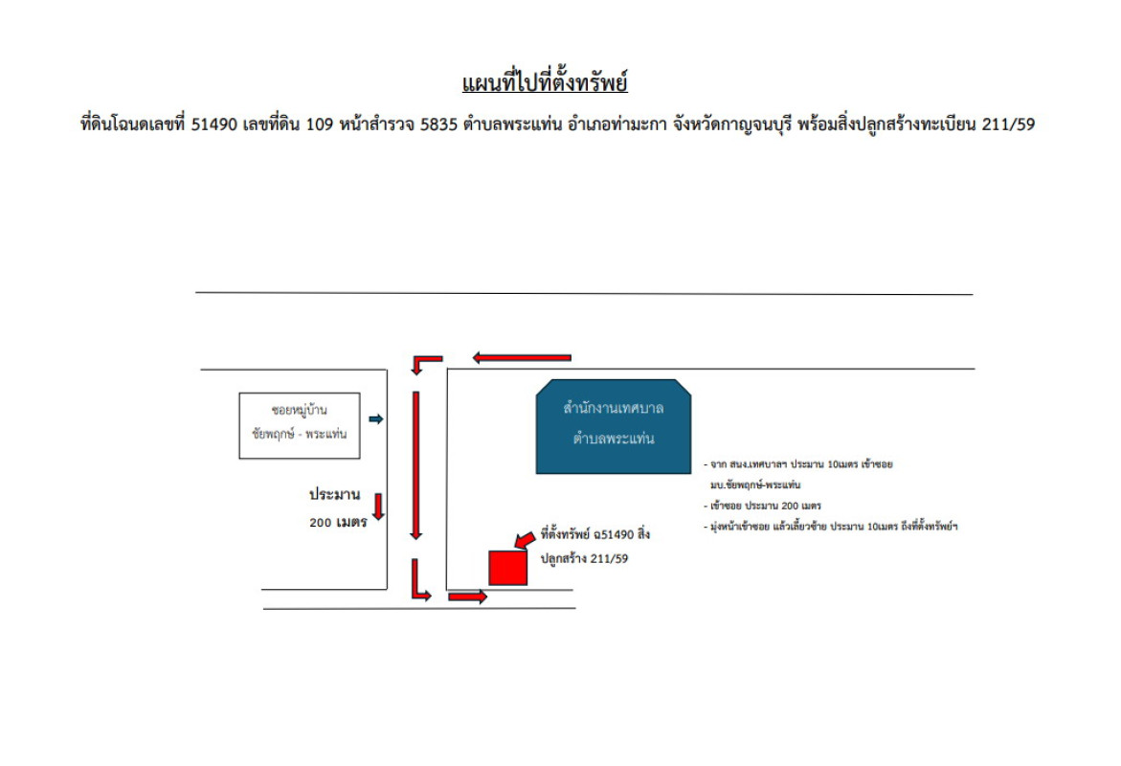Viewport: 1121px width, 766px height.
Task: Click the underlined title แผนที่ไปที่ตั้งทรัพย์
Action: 545,82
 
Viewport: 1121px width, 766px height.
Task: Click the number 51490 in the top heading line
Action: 213,124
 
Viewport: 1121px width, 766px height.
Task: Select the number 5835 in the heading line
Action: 438,124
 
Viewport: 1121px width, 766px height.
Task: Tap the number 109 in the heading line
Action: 320,124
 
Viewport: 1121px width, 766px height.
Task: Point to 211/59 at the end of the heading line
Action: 1008,124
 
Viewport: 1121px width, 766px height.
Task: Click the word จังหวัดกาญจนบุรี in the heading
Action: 732,125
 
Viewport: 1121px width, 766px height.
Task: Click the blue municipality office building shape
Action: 614,426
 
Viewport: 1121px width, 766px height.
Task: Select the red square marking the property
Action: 508,568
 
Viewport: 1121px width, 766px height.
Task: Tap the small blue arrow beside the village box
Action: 376,419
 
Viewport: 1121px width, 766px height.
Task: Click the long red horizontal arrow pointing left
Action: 522,357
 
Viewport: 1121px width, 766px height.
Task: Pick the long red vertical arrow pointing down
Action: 416,465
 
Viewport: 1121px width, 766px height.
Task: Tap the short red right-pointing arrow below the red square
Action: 467,597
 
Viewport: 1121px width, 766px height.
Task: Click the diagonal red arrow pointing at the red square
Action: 525,539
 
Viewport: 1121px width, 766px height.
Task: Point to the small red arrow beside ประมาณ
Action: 379,507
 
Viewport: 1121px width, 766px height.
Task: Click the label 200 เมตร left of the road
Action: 338,523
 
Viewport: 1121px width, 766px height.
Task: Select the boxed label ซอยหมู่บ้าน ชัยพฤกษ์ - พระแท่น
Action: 300,425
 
